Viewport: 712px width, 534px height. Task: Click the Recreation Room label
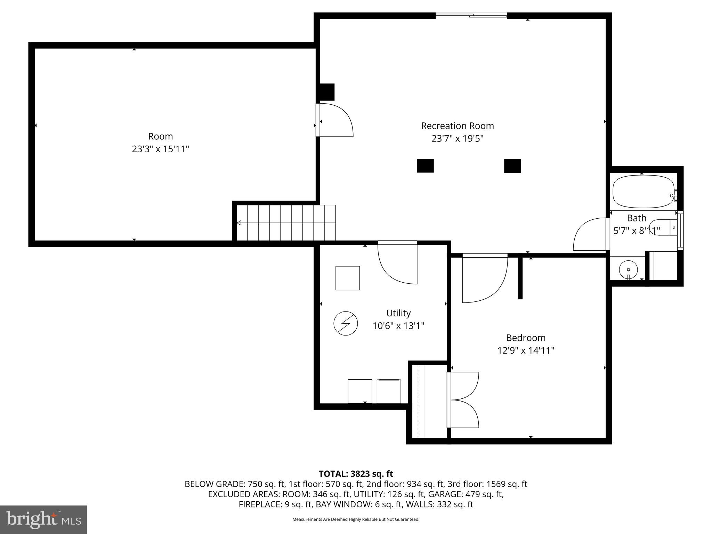click(457, 126)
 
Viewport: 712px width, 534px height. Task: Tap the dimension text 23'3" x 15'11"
click(160, 149)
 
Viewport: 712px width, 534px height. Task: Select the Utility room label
click(398, 313)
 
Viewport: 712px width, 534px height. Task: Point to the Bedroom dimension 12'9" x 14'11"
click(525, 350)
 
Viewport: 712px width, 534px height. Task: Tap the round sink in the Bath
click(628, 270)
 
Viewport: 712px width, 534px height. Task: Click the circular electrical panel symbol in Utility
click(346, 323)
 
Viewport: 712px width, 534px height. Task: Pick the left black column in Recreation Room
click(425, 166)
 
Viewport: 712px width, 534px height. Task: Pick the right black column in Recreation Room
click(512, 166)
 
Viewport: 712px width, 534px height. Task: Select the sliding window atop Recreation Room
click(471, 15)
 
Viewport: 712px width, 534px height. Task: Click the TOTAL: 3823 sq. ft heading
click(356, 474)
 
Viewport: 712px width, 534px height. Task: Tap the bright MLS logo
click(43, 519)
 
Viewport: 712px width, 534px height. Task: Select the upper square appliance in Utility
click(347, 278)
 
